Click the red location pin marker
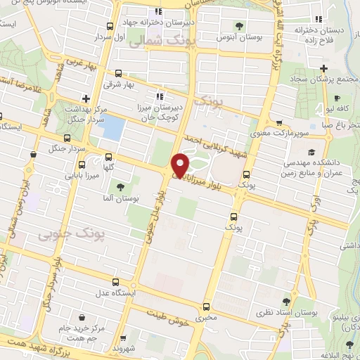[x=181, y=165]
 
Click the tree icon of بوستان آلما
[x=120, y=187]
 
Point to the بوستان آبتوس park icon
[x=240, y=26]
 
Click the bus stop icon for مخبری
[x=206, y=307]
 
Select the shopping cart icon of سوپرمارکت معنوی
[x=281, y=122]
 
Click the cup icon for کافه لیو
[x=337, y=98]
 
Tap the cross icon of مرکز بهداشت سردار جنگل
[x=85, y=98]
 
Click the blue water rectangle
[x=113, y=129]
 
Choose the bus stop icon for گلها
[x=108, y=157]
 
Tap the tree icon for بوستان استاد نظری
[x=285, y=300]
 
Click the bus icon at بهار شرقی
[x=117, y=73]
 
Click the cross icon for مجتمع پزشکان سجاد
[x=323, y=68]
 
